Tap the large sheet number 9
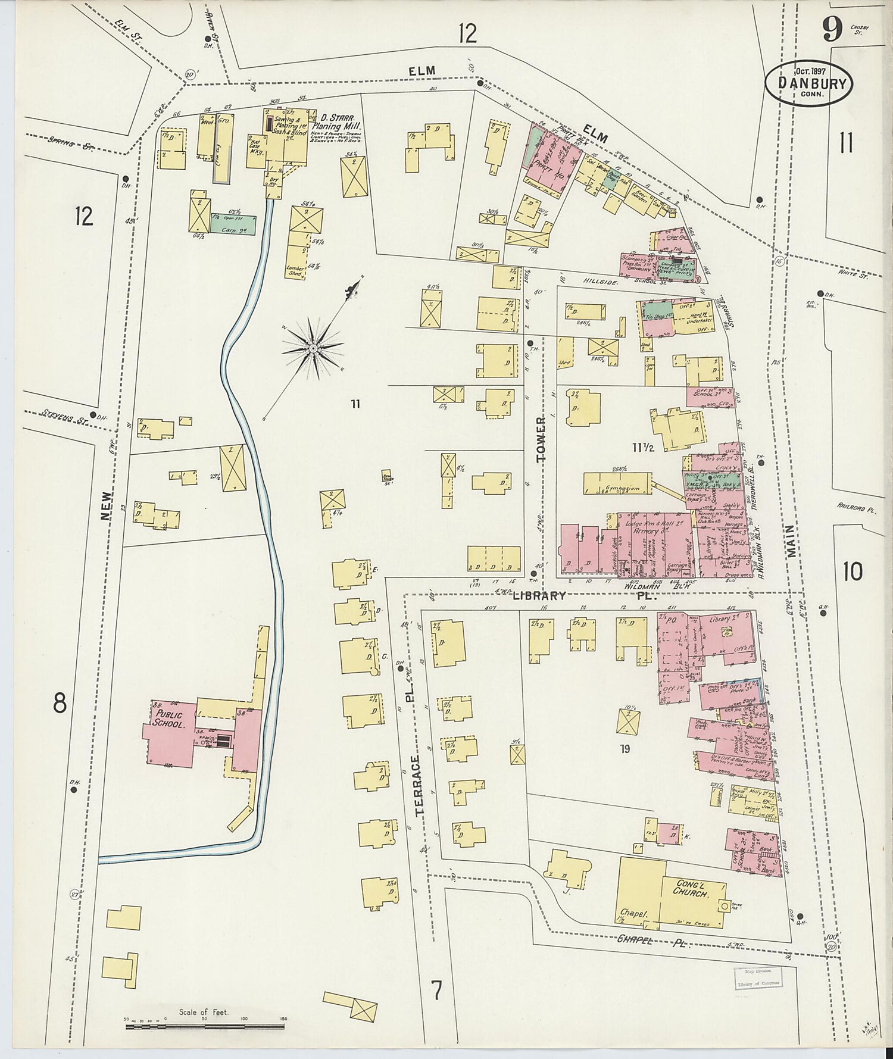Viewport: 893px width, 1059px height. (832, 29)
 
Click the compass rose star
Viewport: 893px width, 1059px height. (313, 346)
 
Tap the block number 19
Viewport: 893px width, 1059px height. (624, 749)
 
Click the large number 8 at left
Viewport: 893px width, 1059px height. (60, 704)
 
